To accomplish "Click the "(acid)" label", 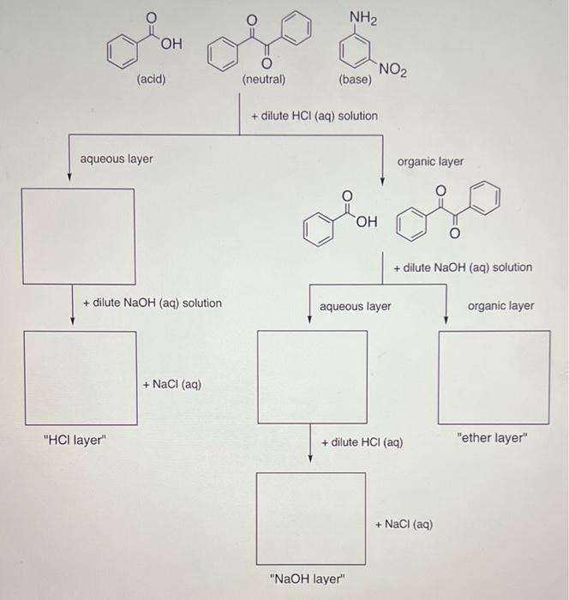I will pos(151,80).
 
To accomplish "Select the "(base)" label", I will pos(355,80).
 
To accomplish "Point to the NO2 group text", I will pos(392,70).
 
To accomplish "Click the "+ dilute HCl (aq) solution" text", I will pos(314,116).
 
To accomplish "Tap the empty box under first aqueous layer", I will pos(78,236).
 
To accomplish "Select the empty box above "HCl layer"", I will pos(80,377).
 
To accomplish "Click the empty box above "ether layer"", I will pos(494,377).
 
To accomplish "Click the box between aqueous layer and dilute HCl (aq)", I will pos(313,377).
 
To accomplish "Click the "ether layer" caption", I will pos(493,438).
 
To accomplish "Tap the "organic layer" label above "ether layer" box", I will pos(500,305).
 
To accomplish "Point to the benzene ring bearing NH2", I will pos(355,53).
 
